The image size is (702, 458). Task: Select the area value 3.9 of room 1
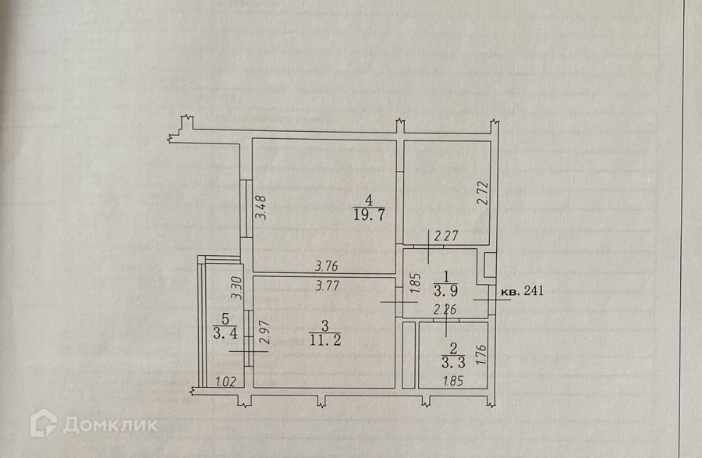click(x=446, y=291)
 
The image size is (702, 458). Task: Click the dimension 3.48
click(x=263, y=207)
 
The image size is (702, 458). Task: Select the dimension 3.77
click(x=328, y=286)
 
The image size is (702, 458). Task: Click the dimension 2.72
click(x=481, y=192)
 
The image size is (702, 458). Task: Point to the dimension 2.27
click(x=447, y=234)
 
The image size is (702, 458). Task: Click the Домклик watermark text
click(x=110, y=425)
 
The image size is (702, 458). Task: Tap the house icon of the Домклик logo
click(x=43, y=424)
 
